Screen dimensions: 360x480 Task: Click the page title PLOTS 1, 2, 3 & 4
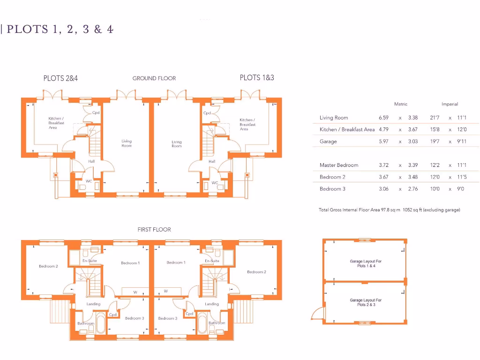coord(60,29)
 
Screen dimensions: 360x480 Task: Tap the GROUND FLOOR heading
coord(154,78)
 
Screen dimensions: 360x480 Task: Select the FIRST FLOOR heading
coord(154,230)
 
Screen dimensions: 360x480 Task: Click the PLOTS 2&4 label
coord(60,78)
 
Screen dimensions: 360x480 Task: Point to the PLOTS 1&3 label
coord(257,77)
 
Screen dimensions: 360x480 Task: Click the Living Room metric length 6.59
coord(384,118)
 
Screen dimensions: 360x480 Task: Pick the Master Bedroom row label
coord(339,165)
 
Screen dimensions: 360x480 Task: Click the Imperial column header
coord(450,104)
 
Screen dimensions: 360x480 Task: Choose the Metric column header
coord(401,104)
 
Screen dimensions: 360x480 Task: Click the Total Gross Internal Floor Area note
coord(389,210)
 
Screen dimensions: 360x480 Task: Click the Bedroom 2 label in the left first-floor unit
coord(48,266)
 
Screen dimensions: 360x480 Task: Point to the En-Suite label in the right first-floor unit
coord(212,261)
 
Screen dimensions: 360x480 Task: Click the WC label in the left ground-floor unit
coord(89,181)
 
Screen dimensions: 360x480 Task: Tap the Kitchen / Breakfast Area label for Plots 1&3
coord(247,124)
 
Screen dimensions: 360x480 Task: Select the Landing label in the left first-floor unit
coord(93,304)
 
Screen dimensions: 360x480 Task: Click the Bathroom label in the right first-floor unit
coord(217,323)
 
